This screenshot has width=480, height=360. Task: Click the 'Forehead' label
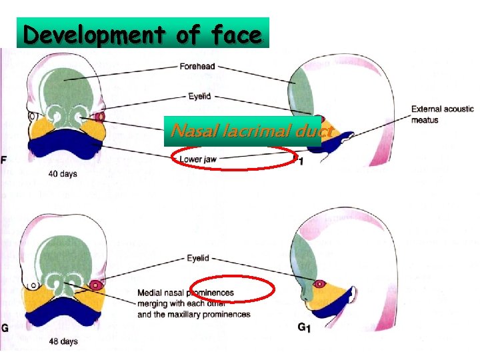(197, 67)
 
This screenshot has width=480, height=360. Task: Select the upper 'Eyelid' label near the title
(199, 96)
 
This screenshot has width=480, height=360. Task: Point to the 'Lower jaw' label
(197, 159)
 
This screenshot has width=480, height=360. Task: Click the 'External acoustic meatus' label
(442, 114)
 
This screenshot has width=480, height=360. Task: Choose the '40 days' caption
(62, 174)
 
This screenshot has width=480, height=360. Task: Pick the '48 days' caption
(63, 341)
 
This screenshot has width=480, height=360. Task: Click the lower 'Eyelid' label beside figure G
(197, 258)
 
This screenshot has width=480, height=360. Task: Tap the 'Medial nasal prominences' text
(185, 293)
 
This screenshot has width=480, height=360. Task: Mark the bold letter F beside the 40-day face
(5, 160)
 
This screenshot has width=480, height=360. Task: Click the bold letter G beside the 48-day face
(5, 327)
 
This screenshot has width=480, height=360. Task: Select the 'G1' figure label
(304, 327)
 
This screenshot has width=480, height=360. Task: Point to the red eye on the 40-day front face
(100, 117)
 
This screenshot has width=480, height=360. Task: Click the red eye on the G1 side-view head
(319, 284)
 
